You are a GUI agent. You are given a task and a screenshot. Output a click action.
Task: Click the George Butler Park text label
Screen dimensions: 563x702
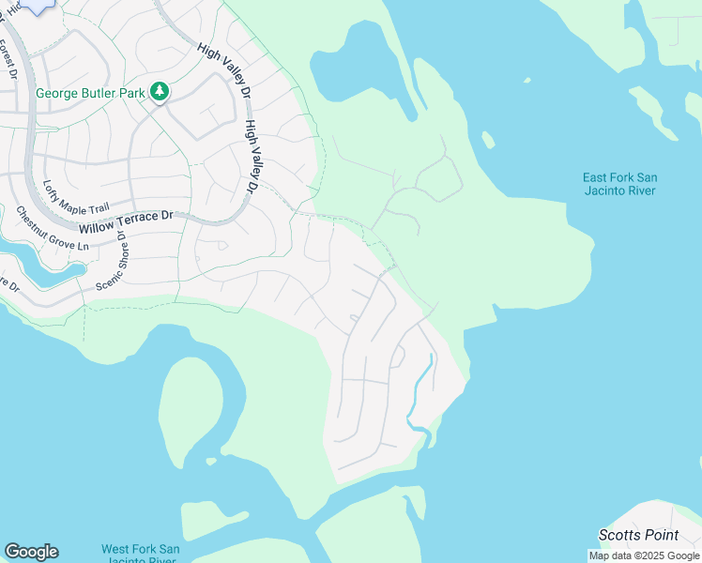(92, 93)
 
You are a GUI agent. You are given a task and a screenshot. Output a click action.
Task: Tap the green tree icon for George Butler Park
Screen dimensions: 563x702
(160, 91)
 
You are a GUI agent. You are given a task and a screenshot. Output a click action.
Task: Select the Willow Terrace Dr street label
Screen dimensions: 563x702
(127, 221)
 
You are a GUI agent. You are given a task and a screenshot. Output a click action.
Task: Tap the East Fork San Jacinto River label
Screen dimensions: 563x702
(619, 184)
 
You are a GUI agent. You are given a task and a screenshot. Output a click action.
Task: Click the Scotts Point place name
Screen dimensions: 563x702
(640, 534)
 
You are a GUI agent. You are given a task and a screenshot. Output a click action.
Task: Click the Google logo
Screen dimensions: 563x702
(31, 551)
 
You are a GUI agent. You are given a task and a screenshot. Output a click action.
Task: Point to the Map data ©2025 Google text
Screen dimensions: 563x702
(645, 555)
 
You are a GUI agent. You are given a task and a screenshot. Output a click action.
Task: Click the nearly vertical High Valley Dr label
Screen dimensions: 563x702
(251, 156)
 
